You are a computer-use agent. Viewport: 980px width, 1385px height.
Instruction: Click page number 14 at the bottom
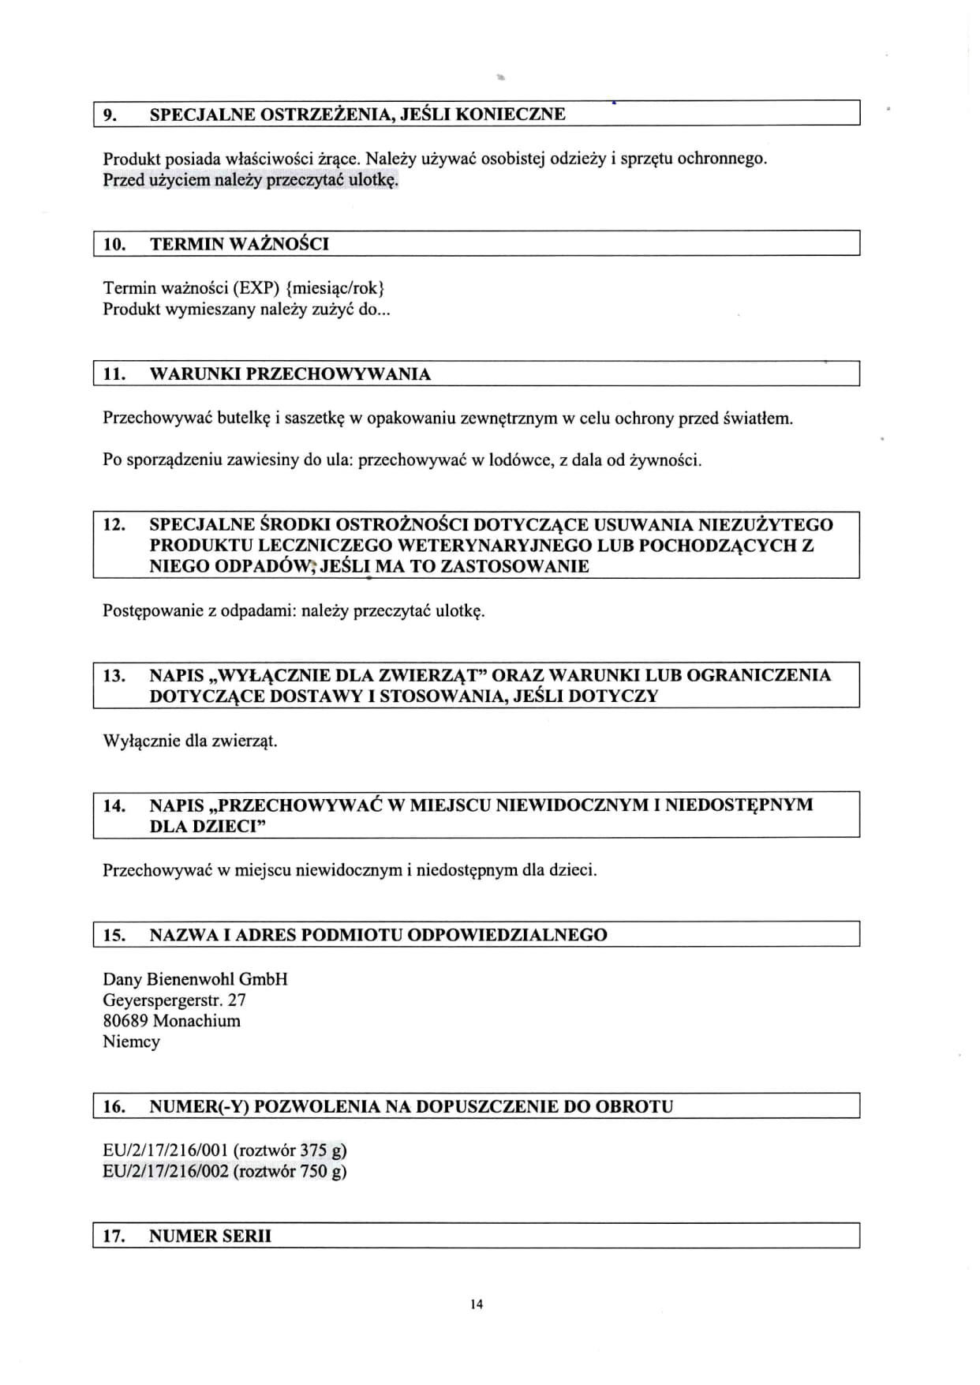(476, 1304)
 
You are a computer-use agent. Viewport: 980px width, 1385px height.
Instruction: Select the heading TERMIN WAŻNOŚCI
(239, 244)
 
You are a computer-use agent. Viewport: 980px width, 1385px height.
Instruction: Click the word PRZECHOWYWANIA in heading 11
(339, 374)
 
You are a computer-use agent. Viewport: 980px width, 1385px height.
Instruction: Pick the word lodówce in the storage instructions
(525, 460)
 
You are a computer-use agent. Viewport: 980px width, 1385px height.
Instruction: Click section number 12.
(114, 524)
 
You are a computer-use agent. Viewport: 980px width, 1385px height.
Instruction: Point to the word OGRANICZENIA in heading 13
(759, 675)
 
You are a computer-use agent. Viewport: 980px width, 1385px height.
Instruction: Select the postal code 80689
(125, 1020)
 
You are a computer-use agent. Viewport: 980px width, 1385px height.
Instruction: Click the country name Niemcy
(131, 1042)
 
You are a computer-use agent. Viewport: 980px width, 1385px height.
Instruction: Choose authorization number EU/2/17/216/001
(165, 1150)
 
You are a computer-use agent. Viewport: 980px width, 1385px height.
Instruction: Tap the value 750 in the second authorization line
(314, 1171)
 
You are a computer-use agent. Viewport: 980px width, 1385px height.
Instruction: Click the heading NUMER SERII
(210, 1236)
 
